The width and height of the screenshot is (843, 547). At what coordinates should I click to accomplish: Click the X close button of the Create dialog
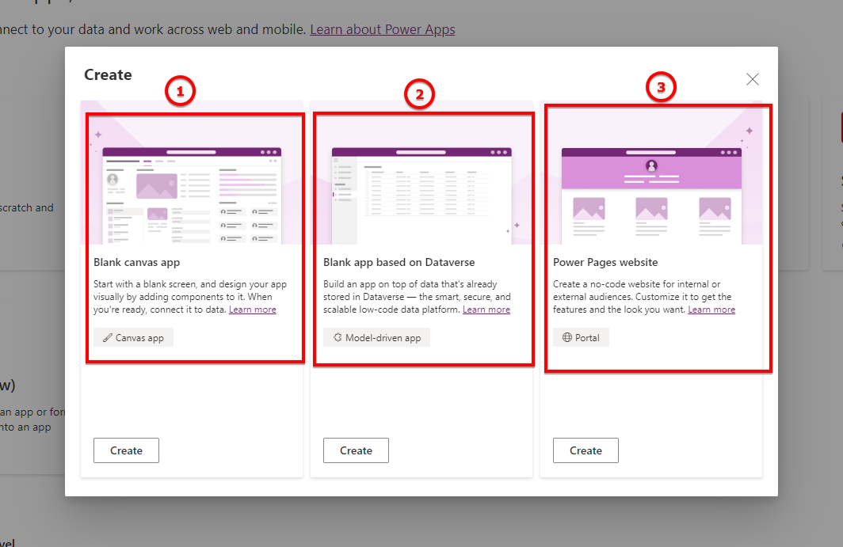pyautogui.click(x=753, y=79)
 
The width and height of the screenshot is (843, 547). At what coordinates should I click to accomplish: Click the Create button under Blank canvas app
pyautogui.click(x=126, y=450)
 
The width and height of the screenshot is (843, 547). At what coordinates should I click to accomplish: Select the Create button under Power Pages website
pyautogui.click(x=586, y=450)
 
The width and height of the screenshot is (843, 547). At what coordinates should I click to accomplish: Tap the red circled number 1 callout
pyautogui.click(x=180, y=92)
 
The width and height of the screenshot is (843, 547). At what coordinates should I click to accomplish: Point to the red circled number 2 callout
pyautogui.click(x=420, y=95)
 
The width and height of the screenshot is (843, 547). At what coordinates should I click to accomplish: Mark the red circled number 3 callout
pyautogui.click(x=661, y=87)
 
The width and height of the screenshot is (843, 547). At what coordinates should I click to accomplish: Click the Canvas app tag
pyautogui.click(x=133, y=338)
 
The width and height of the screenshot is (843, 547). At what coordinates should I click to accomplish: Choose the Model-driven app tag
pyautogui.click(x=376, y=338)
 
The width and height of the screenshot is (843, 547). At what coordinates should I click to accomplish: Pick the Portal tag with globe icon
pyautogui.click(x=581, y=338)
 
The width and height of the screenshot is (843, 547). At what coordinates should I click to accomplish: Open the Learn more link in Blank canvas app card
pyautogui.click(x=253, y=310)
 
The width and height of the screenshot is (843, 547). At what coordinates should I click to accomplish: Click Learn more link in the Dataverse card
pyautogui.click(x=486, y=310)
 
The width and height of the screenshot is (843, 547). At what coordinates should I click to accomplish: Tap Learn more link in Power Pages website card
pyautogui.click(x=711, y=310)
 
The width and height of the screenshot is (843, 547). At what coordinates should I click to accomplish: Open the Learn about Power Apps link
pyautogui.click(x=383, y=30)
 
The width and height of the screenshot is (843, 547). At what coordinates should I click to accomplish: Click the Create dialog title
pyautogui.click(x=108, y=75)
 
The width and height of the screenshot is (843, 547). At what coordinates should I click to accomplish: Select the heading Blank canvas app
pyautogui.click(x=137, y=262)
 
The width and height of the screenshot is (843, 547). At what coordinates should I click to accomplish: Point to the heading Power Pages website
pyautogui.click(x=605, y=262)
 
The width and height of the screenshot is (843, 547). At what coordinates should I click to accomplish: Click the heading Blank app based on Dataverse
pyautogui.click(x=399, y=262)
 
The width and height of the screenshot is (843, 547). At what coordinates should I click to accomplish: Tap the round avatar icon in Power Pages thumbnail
pyautogui.click(x=651, y=165)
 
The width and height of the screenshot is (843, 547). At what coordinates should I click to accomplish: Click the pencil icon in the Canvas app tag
pyautogui.click(x=108, y=338)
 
